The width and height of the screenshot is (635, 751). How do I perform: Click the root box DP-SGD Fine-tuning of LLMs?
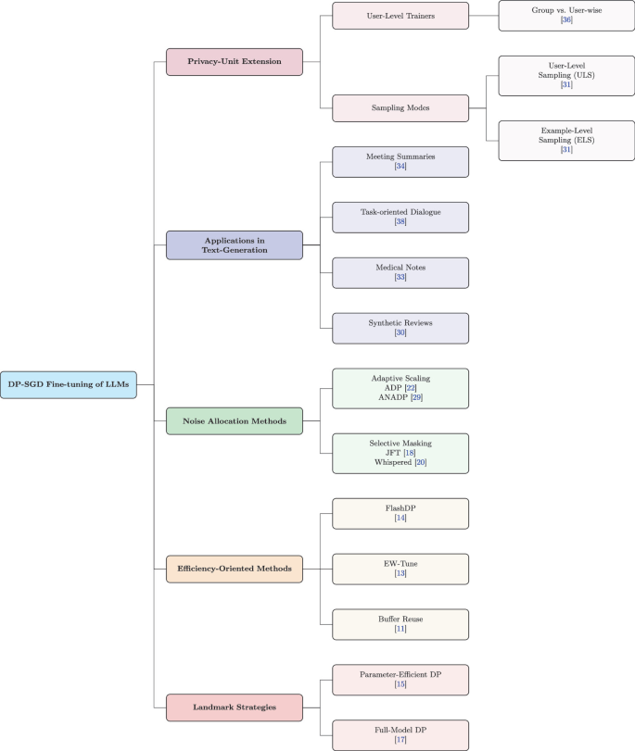coord(69,384)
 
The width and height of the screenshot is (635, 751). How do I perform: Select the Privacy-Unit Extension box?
coord(235,62)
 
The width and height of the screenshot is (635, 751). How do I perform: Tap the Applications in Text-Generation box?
coord(235,245)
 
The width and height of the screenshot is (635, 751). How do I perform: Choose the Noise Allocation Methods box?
coord(235,421)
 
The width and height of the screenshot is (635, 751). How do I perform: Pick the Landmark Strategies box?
coord(235,707)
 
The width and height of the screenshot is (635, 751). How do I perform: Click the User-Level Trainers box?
coord(400,16)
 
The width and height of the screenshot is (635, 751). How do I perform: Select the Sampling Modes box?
coord(400,108)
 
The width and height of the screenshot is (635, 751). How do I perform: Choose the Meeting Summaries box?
coord(400,161)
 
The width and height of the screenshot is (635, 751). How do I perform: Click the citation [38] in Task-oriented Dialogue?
coord(400,223)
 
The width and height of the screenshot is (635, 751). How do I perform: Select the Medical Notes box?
coord(400,272)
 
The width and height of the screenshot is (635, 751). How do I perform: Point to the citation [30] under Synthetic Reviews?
coord(400,334)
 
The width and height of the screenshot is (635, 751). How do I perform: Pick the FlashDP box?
coord(400,514)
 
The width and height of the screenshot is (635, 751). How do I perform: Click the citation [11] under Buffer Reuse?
coord(400,630)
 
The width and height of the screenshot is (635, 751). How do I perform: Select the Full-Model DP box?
coord(400,735)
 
